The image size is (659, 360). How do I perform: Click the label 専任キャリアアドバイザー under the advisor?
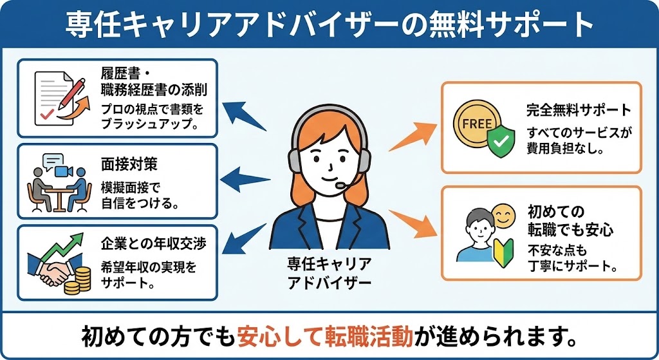[329, 273]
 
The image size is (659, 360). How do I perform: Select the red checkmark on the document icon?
[46, 115]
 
